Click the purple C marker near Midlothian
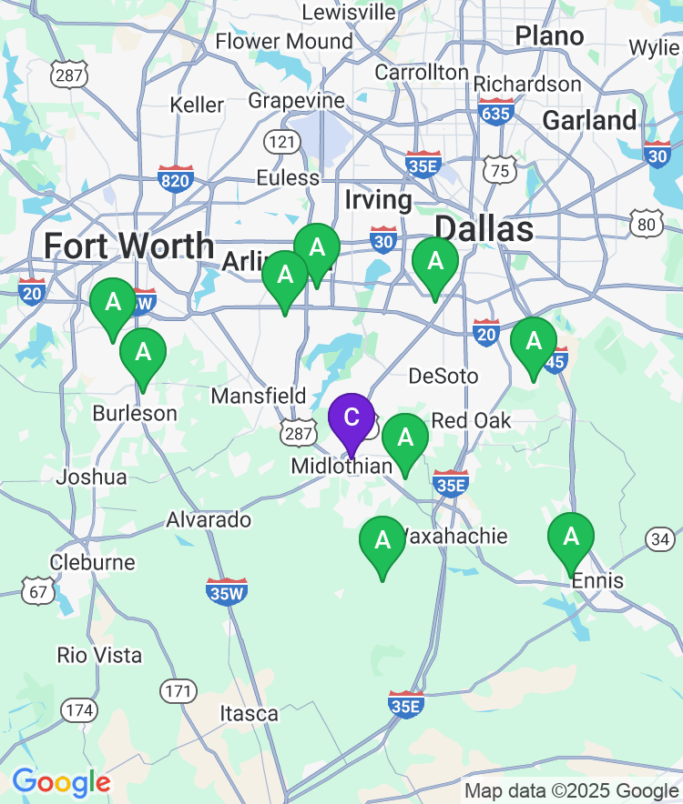point(351,419)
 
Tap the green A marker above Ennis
point(571,538)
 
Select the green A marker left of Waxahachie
point(382,541)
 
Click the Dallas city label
point(484,228)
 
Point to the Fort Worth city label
point(128,246)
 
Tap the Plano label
point(549,36)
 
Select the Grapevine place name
point(297,100)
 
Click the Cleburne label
point(93,562)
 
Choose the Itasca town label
point(249,714)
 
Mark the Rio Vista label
point(99,655)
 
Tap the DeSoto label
point(443,376)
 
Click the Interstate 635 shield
point(496,112)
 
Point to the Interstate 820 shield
point(175,179)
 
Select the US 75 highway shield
point(500,171)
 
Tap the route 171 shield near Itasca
point(178,691)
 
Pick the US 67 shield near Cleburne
point(37,591)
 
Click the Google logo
point(61,781)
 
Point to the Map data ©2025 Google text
point(572,790)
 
